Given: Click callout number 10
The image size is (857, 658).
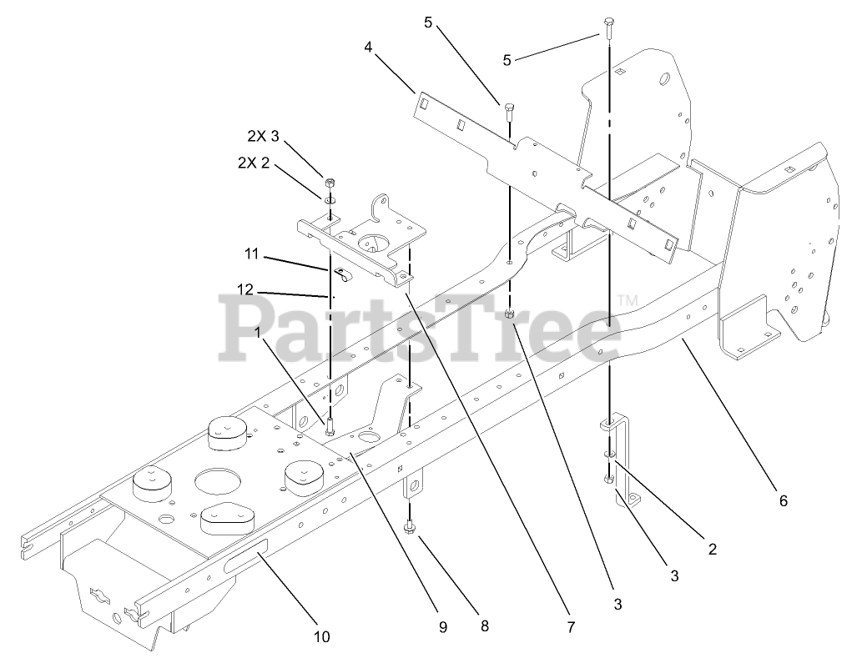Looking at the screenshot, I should tap(322, 637).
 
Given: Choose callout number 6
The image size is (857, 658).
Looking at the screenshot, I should tap(783, 501).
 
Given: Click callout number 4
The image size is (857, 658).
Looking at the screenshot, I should tap(368, 48).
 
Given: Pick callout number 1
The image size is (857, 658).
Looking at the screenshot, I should tap(259, 331).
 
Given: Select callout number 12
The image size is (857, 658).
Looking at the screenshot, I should tap(244, 289).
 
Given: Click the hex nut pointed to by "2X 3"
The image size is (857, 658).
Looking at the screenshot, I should tap(329, 183).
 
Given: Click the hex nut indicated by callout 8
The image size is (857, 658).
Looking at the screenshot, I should tap(410, 528).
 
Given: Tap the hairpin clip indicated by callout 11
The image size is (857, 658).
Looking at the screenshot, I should tap(341, 273).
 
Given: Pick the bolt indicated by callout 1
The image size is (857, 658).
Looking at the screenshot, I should tap(330, 427).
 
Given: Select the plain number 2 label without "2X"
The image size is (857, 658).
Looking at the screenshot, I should tap(712, 549).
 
